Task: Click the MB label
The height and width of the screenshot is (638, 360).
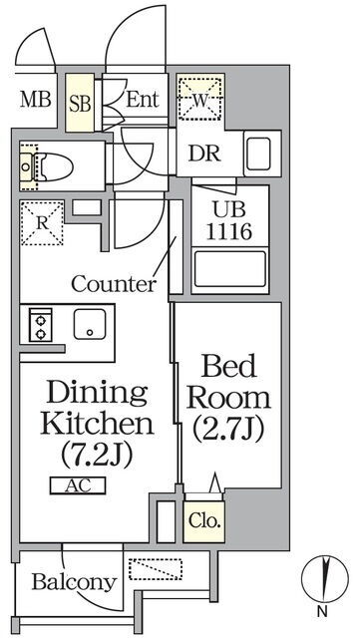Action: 36,100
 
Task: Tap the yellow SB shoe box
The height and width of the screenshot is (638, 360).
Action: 80,103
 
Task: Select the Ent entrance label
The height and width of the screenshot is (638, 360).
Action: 143,99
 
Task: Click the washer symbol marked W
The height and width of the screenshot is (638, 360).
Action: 200,98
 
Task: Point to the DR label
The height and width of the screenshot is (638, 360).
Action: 204,154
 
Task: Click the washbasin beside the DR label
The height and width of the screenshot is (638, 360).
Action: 258,154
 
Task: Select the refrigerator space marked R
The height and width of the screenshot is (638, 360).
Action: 42,224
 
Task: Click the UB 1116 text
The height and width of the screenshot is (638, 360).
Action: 229,221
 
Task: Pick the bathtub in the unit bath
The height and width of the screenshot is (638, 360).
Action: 230,269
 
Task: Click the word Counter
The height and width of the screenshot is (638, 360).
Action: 114,283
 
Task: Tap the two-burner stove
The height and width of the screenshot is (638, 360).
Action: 40,325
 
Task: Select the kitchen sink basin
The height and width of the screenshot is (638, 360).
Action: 90,323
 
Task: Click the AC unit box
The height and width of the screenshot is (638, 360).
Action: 78,485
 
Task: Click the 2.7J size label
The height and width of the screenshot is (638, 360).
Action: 228,427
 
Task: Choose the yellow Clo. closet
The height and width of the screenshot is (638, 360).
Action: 203,521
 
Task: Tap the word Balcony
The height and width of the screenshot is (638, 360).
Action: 74,582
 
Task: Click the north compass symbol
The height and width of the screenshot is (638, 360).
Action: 325,579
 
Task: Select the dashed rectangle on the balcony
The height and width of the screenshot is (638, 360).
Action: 156,569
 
